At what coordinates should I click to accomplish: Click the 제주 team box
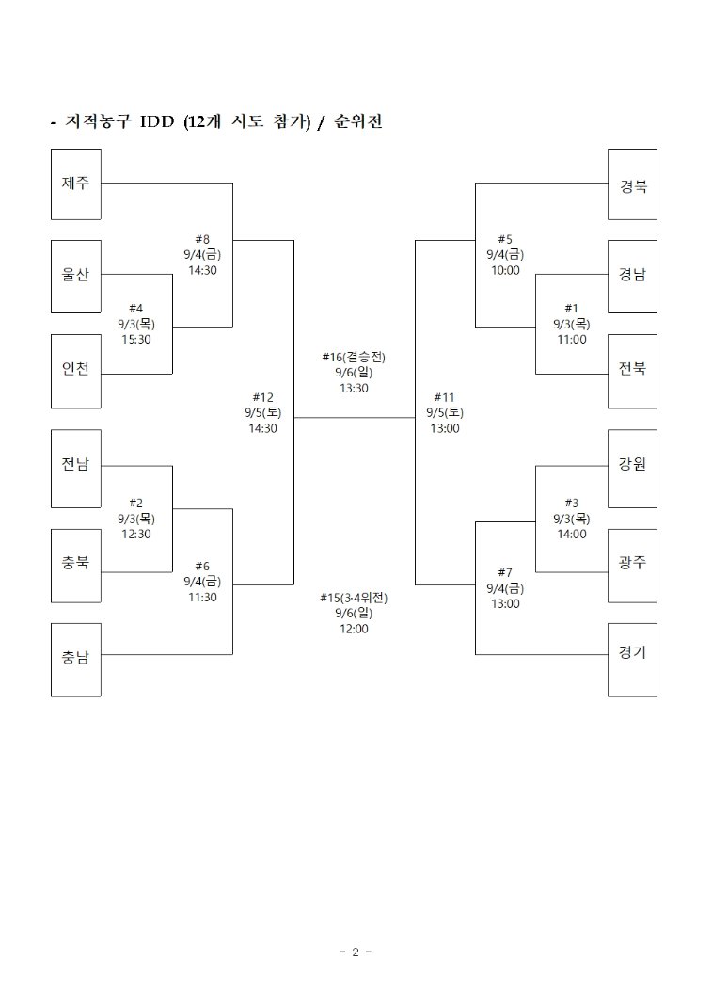pos(76,184)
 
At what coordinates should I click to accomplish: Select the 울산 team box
pos(76,277)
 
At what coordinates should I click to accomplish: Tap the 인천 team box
pos(76,371)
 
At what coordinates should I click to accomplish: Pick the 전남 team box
pos(76,468)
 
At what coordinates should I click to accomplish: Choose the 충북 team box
pos(76,566)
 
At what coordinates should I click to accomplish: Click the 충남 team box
pos(76,660)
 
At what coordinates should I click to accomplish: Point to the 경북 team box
pos(632,184)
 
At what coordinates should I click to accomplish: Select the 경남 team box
pos(632,277)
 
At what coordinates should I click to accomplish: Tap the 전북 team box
pos(632,371)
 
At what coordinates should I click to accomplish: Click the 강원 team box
pos(632,468)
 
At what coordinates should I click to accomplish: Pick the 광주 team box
pos(632,566)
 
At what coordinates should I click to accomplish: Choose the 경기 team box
pos(632,660)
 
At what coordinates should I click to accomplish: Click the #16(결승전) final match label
pos(354,357)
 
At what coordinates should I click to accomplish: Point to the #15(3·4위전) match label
pos(354,598)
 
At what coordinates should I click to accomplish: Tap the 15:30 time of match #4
pos(136,340)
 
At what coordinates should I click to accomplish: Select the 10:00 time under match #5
pos(506,271)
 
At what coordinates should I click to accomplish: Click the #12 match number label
pos(262,398)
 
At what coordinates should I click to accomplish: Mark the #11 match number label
pos(445,398)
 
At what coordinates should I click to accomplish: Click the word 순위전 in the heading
pos(358,121)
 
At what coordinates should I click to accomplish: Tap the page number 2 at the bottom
pos(356,952)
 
